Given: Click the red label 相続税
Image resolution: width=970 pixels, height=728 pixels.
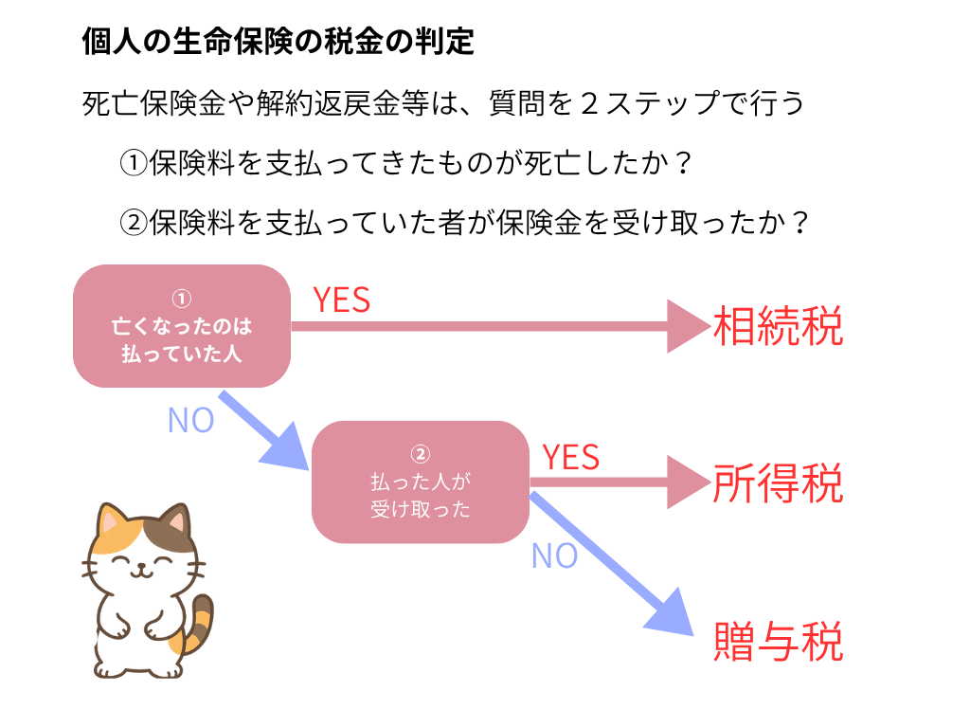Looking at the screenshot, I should tap(778, 327).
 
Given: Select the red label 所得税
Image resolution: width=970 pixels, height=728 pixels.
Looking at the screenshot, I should tap(778, 484).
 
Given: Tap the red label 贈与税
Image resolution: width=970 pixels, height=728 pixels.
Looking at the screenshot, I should tap(778, 641).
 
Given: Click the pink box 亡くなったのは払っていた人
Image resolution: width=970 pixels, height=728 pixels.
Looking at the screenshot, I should tap(182, 327).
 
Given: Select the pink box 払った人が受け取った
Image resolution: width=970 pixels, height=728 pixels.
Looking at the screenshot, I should tap(421, 482).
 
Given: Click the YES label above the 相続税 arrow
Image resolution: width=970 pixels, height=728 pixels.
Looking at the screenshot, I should tap(342, 300).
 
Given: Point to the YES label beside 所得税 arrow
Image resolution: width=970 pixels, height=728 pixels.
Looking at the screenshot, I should tap(571, 458).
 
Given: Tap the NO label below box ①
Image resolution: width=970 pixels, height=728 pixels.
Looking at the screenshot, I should tap(190, 420).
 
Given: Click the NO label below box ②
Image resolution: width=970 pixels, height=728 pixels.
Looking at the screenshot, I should tap(555, 556).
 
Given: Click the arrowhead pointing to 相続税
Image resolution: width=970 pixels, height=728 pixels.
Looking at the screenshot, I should tap(686, 327).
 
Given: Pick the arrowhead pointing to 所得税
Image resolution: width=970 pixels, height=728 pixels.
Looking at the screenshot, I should tap(686, 482).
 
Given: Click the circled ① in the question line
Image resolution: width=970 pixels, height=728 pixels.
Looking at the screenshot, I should tap(134, 164).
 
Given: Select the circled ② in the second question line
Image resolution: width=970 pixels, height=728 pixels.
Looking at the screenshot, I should tap(134, 223).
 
